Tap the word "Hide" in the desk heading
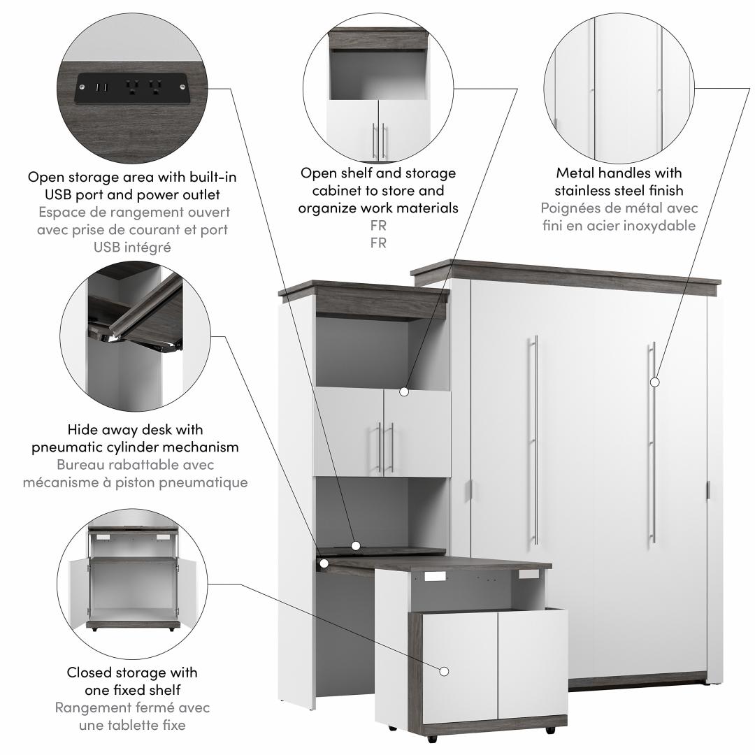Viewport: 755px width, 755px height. point(82,429)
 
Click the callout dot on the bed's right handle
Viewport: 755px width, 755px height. point(654,382)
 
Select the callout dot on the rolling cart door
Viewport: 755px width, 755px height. point(444,671)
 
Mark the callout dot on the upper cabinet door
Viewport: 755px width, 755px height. point(403,392)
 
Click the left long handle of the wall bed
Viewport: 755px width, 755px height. point(535,440)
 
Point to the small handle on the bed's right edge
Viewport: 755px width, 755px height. point(708,489)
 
